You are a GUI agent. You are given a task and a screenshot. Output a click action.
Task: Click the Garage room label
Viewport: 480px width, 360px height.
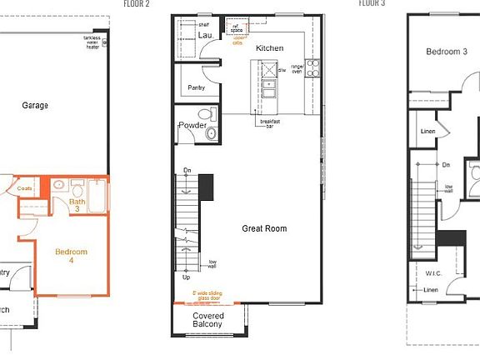click(35, 106)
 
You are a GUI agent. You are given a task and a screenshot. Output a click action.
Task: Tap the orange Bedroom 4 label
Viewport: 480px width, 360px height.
click(71, 256)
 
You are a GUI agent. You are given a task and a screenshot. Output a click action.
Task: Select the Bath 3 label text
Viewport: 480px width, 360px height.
click(77, 206)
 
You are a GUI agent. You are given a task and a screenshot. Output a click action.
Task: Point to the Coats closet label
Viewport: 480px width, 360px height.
click(25, 189)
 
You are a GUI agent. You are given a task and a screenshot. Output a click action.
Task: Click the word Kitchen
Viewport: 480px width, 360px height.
click(269, 48)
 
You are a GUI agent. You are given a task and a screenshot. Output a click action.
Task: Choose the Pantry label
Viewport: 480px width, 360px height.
click(197, 87)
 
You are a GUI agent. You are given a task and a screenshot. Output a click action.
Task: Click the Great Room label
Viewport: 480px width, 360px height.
click(264, 228)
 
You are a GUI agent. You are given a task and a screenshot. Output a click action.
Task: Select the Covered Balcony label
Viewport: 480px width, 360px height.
click(208, 321)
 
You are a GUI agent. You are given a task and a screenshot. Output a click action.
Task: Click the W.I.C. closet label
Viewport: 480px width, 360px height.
click(432, 272)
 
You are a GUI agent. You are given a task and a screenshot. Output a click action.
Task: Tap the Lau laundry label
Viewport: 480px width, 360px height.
click(205, 36)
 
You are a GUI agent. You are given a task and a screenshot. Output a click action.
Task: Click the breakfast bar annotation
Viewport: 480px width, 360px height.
click(269, 124)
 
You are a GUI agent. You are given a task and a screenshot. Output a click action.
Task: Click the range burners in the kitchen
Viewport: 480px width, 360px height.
click(313, 67)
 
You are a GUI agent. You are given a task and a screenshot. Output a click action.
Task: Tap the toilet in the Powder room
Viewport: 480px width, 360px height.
click(210, 132)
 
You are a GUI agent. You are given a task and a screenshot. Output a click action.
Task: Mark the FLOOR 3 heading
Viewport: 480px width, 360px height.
click(372, 3)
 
